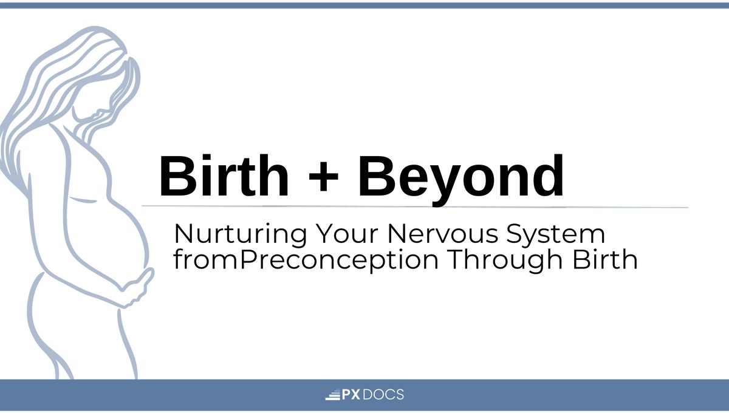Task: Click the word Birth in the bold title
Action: click(224, 176)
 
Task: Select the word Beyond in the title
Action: click(461, 180)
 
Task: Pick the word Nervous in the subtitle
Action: click(443, 234)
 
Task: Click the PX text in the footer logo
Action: click(351, 394)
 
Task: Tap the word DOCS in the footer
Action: click(383, 394)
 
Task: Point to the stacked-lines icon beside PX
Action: click(333, 395)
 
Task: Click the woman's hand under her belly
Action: click(137, 288)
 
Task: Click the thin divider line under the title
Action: click(415, 206)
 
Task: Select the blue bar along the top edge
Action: click(364, 5)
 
